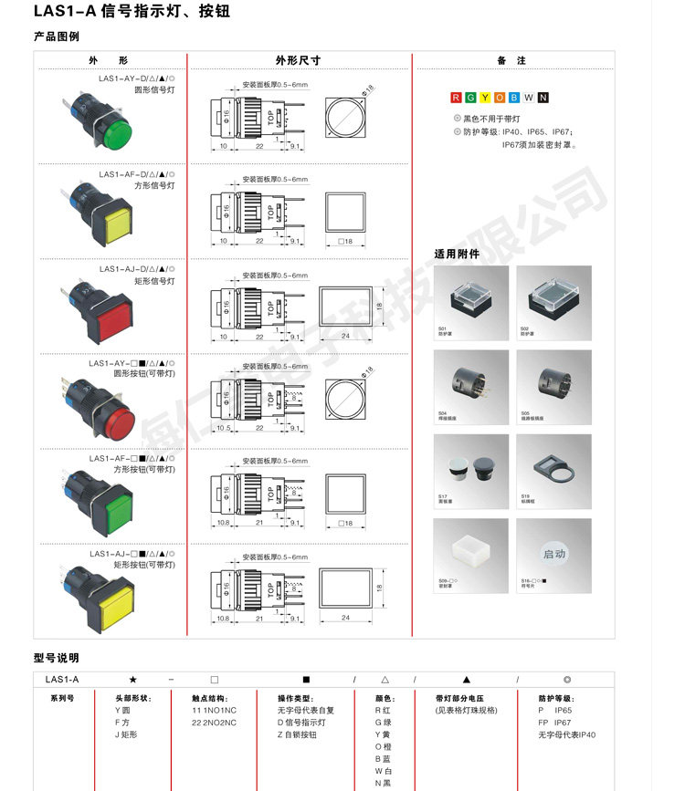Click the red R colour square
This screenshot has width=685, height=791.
(x=457, y=99)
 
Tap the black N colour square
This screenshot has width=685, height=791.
(x=543, y=99)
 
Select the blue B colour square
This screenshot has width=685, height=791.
(x=514, y=99)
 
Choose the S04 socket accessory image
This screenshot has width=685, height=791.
(x=471, y=387)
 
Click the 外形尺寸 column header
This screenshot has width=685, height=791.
(x=299, y=61)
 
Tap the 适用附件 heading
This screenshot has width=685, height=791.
(x=457, y=254)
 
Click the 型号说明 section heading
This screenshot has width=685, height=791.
(x=57, y=658)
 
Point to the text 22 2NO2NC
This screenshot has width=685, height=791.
(x=214, y=723)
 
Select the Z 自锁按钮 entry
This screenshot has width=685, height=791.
(x=300, y=734)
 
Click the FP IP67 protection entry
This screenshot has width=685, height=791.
(x=556, y=723)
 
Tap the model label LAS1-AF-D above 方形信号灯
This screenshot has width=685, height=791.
(x=136, y=174)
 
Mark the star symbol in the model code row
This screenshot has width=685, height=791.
(x=133, y=680)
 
